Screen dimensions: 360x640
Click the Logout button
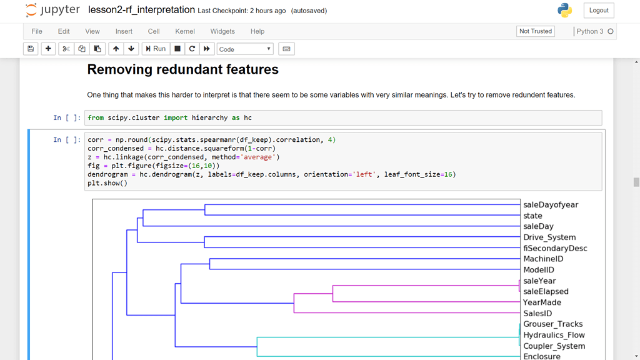(x=598, y=11)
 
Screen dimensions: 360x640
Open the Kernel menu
(x=185, y=31)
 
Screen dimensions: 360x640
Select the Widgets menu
(x=222, y=31)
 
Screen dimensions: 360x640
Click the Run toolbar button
(x=155, y=49)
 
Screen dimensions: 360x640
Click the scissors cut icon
(x=66, y=49)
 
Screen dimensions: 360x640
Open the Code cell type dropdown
(x=245, y=49)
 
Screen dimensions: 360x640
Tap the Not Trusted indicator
(x=536, y=31)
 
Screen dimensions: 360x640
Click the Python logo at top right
(x=564, y=10)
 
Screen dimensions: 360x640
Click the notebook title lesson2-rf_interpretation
(x=141, y=10)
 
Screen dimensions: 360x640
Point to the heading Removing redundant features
(x=182, y=69)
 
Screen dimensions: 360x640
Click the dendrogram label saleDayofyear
(x=551, y=205)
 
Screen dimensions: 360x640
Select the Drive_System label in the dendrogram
(x=549, y=237)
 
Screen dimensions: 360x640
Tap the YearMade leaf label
(x=542, y=302)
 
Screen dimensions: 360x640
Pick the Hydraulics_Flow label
(x=554, y=335)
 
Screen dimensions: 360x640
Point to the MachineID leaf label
(x=543, y=259)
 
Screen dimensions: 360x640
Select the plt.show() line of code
(x=107, y=183)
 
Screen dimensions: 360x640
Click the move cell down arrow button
(x=131, y=49)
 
